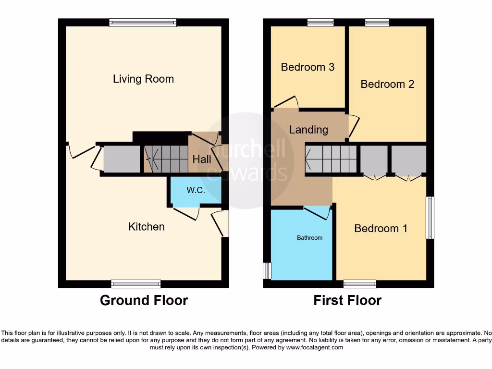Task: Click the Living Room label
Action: [143, 79]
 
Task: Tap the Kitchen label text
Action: [146, 226]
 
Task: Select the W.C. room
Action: [196, 190]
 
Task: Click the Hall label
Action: [202, 159]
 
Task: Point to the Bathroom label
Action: [309, 237]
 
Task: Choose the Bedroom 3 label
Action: [307, 67]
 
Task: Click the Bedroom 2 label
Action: [387, 84]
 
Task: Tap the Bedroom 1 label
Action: [381, 228]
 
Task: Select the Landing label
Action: [308, 129]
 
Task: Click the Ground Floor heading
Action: [144, 300]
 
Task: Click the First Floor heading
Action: [347, 300]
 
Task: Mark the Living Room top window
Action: [143, 22]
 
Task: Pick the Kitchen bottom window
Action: [136, 283]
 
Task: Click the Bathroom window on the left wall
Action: [267, 271]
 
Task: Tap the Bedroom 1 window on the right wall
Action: [430, 218]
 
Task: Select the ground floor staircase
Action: [166, 159]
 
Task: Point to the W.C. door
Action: [186, 213]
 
